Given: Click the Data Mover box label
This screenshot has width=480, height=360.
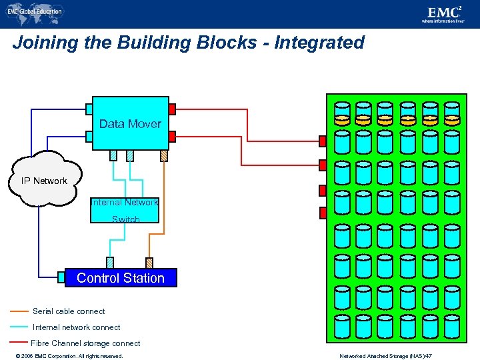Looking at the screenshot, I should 130,124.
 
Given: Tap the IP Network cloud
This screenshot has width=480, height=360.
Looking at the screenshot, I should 44,181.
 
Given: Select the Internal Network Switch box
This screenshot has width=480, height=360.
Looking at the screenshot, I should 125,210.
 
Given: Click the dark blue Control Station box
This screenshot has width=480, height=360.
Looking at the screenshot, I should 121,278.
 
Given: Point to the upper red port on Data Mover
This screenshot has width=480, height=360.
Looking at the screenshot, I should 172,109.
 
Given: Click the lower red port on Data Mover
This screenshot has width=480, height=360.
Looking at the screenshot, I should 172,136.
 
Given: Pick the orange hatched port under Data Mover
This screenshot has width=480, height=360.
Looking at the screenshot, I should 164,155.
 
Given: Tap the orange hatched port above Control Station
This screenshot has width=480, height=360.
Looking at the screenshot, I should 149,263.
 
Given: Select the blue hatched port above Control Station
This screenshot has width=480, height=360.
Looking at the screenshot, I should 110,263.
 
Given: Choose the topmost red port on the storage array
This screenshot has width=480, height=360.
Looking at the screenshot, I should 323,141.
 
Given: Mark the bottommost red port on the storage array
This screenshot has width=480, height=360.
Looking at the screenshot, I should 323,213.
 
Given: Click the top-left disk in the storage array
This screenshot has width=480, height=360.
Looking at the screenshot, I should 342,109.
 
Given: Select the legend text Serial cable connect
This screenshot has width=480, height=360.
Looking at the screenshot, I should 69,311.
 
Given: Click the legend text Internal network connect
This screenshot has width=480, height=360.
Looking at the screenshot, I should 76,327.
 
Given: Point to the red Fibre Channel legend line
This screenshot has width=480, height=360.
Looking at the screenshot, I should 19,343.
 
